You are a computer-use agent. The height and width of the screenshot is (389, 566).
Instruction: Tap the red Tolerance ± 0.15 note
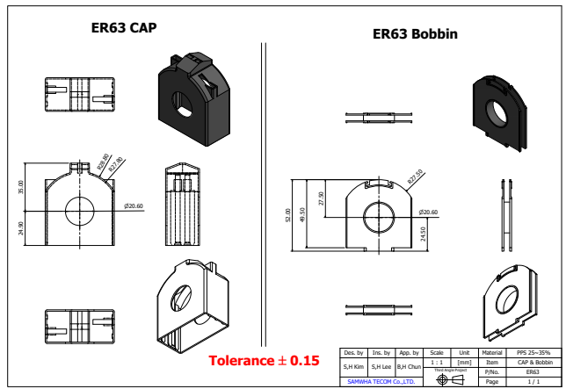(264, 361)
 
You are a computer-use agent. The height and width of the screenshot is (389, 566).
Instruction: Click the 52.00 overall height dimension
(287, 215)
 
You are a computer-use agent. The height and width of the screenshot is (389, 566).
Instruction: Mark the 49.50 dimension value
(303, 215)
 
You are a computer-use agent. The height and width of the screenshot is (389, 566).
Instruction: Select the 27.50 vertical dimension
(321, 198)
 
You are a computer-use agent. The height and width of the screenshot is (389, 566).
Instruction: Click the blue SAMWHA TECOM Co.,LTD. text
(381, 382)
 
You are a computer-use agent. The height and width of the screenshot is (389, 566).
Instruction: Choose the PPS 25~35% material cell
(534, 352)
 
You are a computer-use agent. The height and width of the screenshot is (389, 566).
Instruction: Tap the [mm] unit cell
(464, 361)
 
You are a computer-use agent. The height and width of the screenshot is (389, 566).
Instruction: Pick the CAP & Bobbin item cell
(534, 362)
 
